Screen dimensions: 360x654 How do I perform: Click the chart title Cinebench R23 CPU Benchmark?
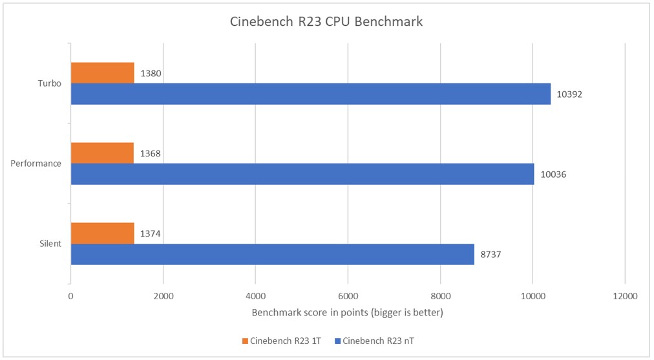[326, 21]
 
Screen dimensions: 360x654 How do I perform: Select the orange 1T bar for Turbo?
[102, 73]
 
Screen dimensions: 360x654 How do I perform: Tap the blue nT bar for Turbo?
[310, 94]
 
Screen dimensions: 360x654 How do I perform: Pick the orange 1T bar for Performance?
[101, 153]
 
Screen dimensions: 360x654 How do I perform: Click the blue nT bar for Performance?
[302, 174]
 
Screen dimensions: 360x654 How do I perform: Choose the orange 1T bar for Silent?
[102, 233]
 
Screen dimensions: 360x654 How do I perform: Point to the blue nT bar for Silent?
[272, 254]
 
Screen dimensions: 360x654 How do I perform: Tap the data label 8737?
[491, 254]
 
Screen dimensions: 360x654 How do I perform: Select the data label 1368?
[151, 153]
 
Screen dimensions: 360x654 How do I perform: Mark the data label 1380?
[151, 73]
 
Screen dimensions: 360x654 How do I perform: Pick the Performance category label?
[36, 164]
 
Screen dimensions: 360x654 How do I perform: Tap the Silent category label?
[50, 244]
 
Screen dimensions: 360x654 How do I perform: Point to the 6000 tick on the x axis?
[348, 296]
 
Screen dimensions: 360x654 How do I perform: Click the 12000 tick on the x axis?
[624, 296]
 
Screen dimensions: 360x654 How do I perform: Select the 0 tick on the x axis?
[70, 296]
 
